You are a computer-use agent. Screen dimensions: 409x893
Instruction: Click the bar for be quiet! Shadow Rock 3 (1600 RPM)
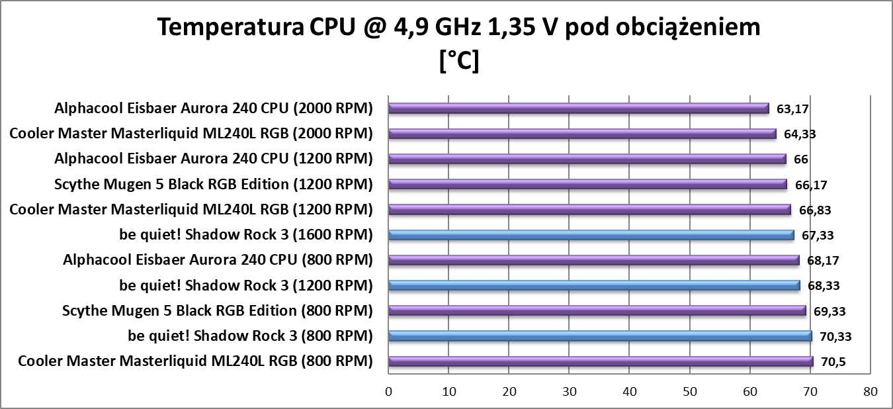click(591, 235)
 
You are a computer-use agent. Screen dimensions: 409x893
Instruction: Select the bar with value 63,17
click(579, 109)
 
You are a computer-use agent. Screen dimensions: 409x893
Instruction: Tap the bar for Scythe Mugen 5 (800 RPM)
click(597, 310)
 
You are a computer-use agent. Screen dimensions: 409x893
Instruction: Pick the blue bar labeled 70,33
click(600, 336)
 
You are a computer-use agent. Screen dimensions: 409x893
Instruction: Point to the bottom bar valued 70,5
click(601, 361)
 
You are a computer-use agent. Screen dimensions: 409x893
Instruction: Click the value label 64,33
click(799, 134)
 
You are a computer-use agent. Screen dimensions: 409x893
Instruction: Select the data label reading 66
click(800, 159)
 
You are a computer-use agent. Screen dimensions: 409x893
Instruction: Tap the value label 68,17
click(821, 260)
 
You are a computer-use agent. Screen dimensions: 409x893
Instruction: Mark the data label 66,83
click(814, 210)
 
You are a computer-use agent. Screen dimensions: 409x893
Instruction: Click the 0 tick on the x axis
click(389, 391)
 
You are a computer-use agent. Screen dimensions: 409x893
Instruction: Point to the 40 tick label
click(630, 391)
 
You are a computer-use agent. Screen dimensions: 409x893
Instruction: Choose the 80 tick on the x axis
click(871, 391)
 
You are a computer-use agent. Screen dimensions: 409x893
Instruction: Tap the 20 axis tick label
click(509, 391)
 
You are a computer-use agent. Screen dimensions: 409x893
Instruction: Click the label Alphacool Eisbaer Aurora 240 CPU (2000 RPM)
click(214, 108)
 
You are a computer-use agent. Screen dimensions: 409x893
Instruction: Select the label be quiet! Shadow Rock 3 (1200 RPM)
click(246, 285)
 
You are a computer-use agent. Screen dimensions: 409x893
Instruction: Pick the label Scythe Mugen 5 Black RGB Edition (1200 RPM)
click(214, 184)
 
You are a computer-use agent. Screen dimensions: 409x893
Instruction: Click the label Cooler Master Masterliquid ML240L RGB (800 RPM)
click(195, 361)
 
